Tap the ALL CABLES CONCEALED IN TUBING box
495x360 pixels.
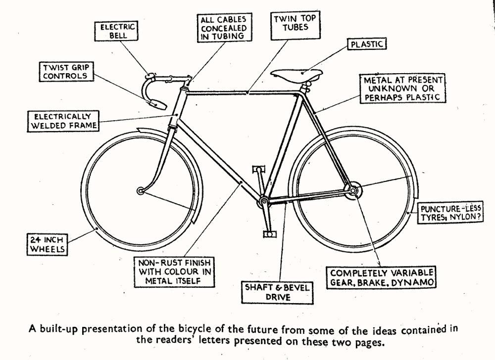tap(223, 27)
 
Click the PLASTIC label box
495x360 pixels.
tap(367, 44)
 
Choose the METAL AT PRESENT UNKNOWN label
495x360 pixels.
tap(402, 89)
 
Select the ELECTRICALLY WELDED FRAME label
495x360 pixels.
tap(63, 121)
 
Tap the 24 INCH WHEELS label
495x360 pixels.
tap(46, 244)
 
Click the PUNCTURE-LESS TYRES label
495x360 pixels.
tap(450, 213)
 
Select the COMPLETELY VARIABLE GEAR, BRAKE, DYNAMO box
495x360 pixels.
tap(382, 277)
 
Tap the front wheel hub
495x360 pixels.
tap(141, 190)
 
